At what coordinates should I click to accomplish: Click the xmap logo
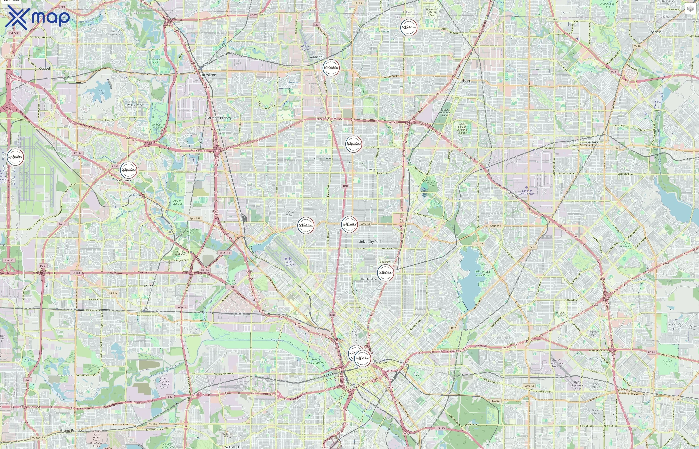pyautogui.click(x=37, y=18)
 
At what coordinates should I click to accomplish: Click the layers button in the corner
pyautogui.click(x=690, y=9)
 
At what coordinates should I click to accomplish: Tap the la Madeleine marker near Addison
pyautogui.click(x=331, y=68)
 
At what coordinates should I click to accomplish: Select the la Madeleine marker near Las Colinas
pyautogui.click(x=128, y=170)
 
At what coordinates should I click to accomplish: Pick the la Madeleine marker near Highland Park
pyautogui.click(x=385, y=273)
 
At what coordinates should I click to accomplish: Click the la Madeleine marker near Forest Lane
pyautogui.click(x=353, y=144)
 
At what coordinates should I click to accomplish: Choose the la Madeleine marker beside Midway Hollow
pyautogui.click(x=306, y=225)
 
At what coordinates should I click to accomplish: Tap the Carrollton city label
pyautogui.click(x=208, y=75)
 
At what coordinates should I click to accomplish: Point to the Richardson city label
pyautogui.click(x=460, y=81)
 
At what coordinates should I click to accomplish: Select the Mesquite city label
pyautogui.click(x=650, y=395)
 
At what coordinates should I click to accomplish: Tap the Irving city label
pyautogui.click(x=149, y=286)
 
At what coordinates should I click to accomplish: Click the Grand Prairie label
pyautogui.click(x=71, y=430)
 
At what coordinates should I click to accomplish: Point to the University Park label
pyautogui.click(x=370, y=242)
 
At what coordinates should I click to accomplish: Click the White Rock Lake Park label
pyautogui.click(x=483, y=273)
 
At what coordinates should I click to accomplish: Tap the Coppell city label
pyautogui.click(x=45, y=69)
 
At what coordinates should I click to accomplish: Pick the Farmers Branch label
pyautogui.click(x=218, y=118)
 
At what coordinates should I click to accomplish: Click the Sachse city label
pyautogui.click(x=656, y=32)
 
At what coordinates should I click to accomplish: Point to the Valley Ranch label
pyautogui.click(x=135, y=105)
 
